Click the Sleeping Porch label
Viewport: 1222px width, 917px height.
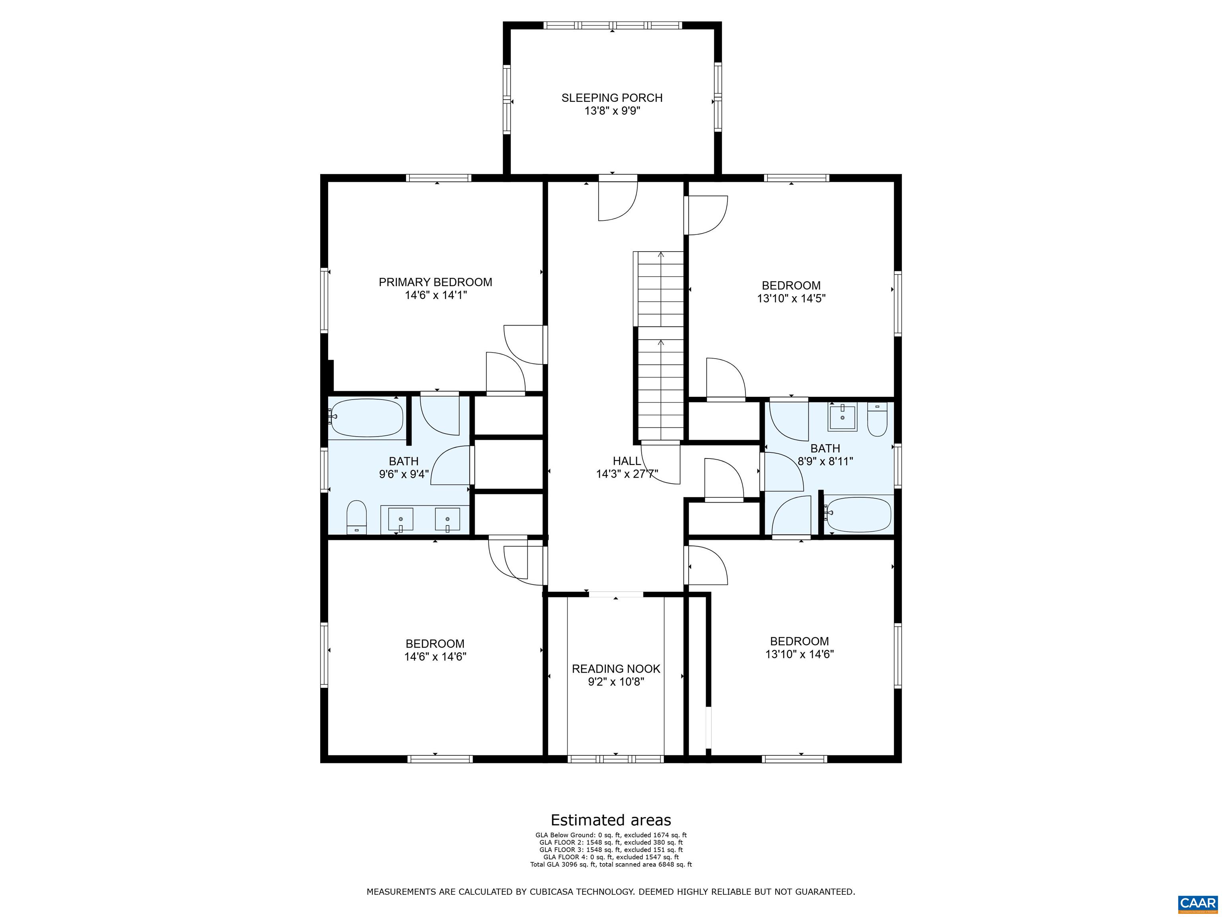click(x=611, y=98)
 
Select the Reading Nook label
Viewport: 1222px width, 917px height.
click(x=615, y=669)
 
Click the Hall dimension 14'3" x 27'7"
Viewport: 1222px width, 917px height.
click(x=627, y=474)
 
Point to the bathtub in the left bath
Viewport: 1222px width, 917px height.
click(x=367, y=418)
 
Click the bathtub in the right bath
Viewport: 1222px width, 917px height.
click(x=858, y=514)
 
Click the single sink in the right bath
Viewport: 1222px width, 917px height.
click(x=842, y=418)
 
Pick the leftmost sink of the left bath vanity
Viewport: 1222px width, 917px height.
click(x=400, y=519)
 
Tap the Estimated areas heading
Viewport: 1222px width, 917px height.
click(x=611, y=820)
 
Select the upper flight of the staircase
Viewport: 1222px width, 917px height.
click(x=661, y=289)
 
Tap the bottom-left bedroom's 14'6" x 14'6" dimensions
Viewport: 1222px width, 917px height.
click(x=435, y=657)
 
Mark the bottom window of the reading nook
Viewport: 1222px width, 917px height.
click(x=615, y=759)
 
